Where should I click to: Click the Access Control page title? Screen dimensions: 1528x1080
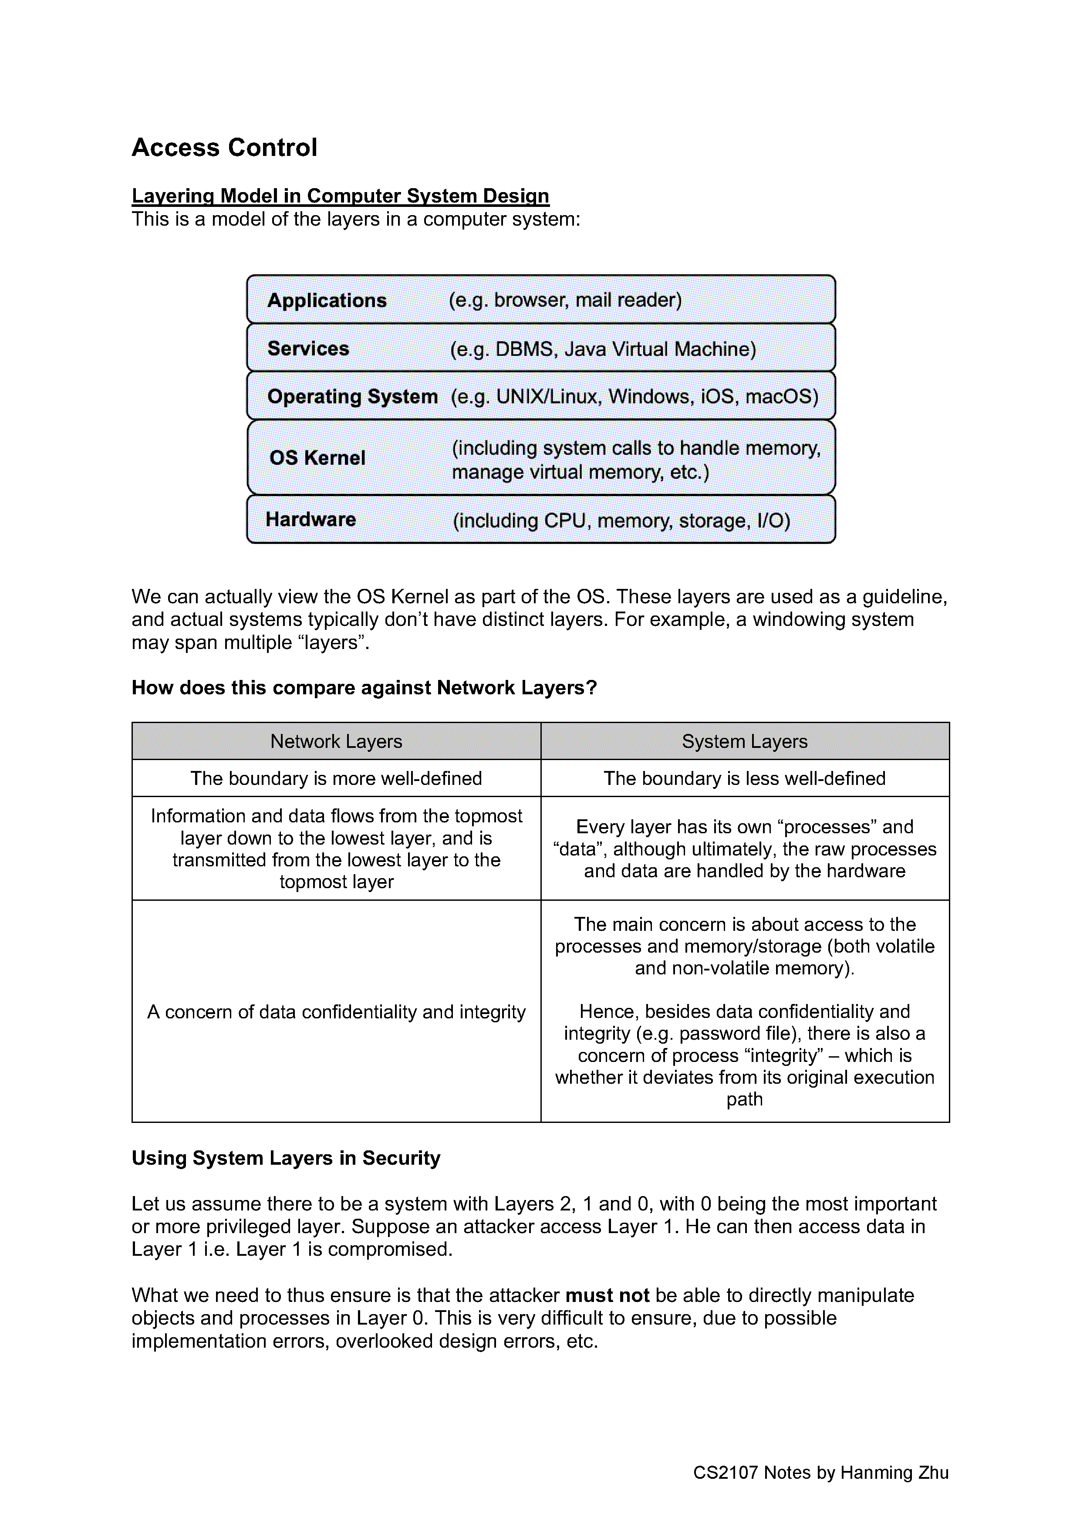click(x=224, y=147)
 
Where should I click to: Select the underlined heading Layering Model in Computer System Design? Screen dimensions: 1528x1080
click(x=340, y=196)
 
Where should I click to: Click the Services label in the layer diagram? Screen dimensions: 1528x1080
click(x=308, y=349)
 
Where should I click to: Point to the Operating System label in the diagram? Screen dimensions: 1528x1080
click(x=352, y=397)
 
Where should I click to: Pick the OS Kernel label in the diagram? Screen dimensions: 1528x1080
click(x=317, y=458)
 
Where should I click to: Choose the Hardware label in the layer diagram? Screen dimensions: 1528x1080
click(x=311, y=519)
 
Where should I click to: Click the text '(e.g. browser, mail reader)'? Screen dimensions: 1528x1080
click(x=565, y=300)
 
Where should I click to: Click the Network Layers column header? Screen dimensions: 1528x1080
click(x=336, y=741)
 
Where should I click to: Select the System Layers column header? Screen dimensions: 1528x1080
click(x=745, y=741)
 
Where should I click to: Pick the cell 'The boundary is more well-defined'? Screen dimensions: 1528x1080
click(x=336, y=778)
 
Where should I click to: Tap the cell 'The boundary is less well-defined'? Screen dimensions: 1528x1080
click(x=745, y=778)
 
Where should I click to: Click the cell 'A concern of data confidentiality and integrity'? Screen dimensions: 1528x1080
click(x=336, y=1011)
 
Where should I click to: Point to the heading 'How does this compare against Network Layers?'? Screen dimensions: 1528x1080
click(x=364, y=687)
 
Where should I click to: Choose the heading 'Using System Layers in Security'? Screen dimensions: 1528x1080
click(x=286, y=1158)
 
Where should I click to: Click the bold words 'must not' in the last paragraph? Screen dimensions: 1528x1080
click(x=607, y=1295)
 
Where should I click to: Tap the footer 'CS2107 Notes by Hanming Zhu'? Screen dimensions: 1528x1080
click(x=820, y=1473)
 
